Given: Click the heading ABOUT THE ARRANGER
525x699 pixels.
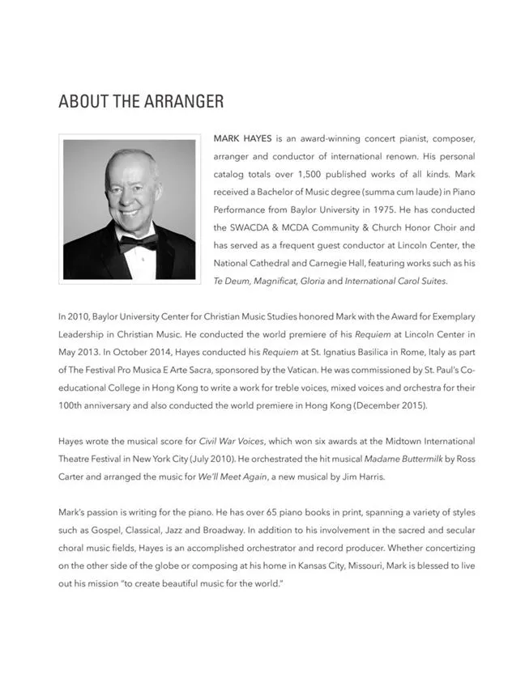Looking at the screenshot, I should (x=141, y=102).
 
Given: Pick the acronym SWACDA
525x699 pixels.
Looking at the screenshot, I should (x=256, y=227).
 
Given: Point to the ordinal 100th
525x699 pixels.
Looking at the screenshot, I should (x=71, y=405).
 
